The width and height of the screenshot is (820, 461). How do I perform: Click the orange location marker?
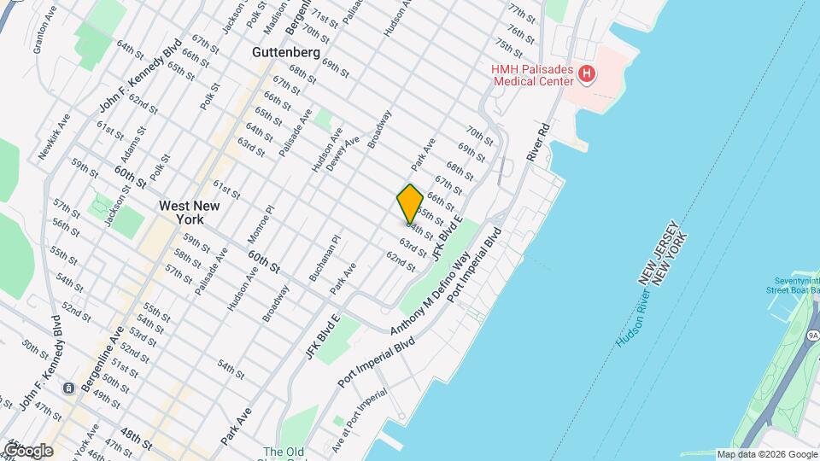coord(410,204)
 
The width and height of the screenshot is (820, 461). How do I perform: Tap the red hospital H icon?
coord(586,74)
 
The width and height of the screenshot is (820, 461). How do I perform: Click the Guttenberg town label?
coord(286,52)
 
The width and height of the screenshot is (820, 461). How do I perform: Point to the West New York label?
coord(190,213)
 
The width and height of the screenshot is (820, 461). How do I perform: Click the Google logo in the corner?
coord(27,450)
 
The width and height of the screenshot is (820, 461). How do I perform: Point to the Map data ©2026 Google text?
coord(767,454)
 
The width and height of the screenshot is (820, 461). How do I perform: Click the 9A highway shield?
coord(811,335)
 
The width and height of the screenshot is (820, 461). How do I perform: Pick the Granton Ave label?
coord(44,34)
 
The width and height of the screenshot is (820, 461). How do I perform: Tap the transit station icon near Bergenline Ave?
coord(67,388)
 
